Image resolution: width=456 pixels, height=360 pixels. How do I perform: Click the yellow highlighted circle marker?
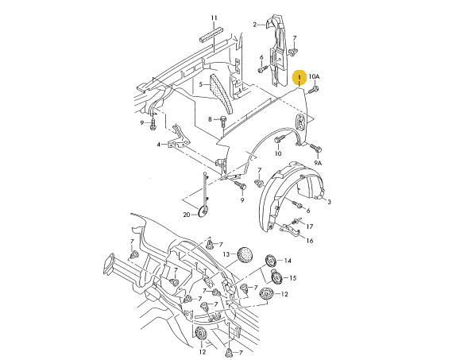(299, 77)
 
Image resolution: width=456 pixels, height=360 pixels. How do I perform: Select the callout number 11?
(214, 18)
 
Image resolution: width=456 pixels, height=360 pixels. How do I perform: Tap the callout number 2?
(255, 25)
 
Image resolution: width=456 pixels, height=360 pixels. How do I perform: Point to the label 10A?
(314, 76)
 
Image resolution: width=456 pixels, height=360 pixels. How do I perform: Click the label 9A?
(318, 163)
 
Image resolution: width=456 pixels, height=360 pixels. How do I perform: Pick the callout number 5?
(200, 84)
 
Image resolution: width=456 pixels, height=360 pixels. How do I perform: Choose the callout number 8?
(210, 119)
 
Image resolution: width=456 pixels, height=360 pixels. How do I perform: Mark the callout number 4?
(159, 144)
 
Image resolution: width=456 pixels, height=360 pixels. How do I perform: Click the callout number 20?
(187, 215)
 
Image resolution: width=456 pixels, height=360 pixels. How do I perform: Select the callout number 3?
(329, 202)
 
